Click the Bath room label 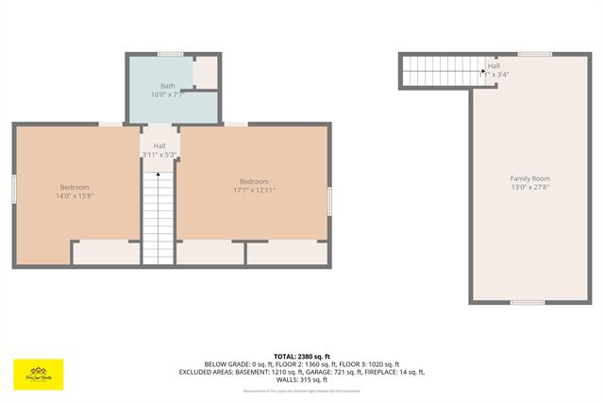[167, 86]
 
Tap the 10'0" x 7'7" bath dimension [167, 95]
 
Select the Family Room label [530, 178]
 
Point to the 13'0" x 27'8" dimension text [530, 188]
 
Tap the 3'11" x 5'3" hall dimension [159, 154]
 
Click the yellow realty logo [38, 372]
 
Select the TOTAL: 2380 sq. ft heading [302, 356]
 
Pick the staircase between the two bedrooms [159, 217]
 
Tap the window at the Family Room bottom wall [528, 302]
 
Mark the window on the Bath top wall [171, 54]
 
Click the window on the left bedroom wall [14, 188]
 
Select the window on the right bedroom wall [329, 200]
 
